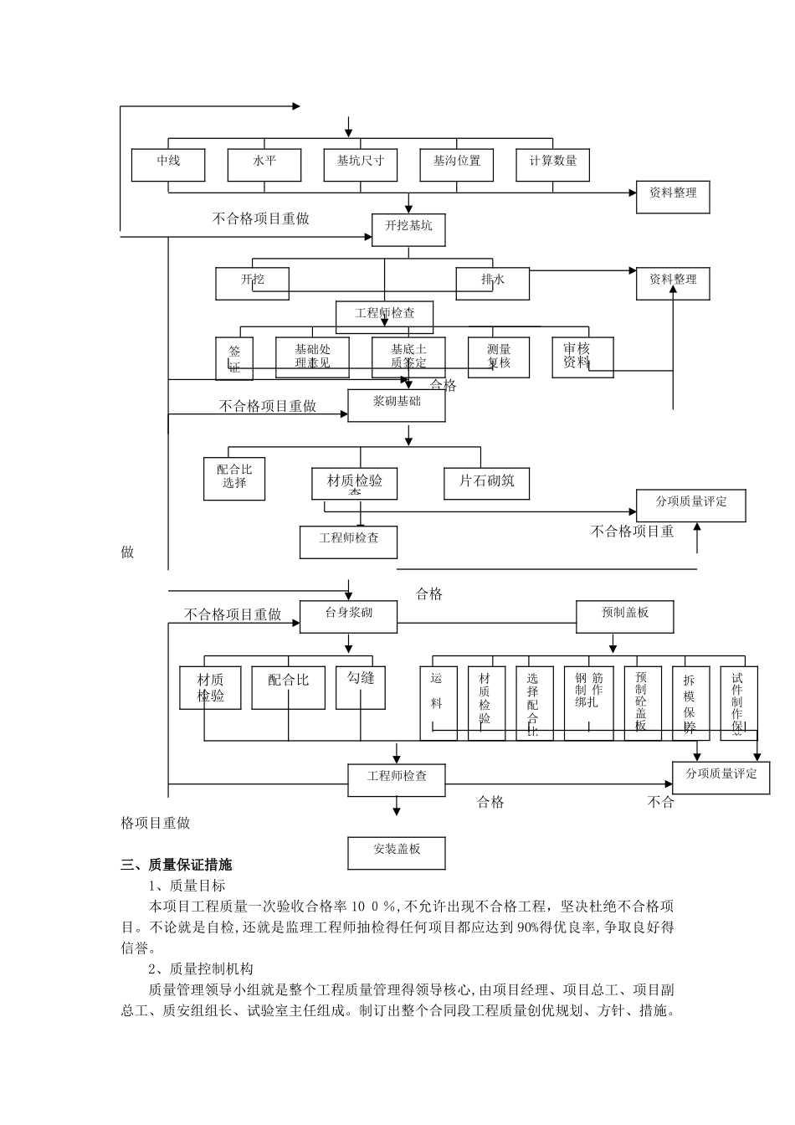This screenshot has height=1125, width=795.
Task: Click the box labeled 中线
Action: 167,165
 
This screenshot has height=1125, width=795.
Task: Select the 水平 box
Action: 264,165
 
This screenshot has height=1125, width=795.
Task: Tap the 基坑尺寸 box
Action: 360,165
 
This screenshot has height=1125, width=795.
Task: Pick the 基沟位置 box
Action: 456,165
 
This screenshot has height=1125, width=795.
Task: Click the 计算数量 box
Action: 552,165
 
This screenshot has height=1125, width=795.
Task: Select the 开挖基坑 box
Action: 408,229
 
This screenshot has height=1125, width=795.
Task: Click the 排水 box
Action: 492,283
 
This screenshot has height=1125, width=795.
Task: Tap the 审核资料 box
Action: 582,357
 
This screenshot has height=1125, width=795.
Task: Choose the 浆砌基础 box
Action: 396,405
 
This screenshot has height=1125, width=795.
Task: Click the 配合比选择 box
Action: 234,478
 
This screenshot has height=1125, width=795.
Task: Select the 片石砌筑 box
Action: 486,482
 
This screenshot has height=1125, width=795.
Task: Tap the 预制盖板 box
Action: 624,617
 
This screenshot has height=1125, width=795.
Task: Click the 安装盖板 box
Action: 396,853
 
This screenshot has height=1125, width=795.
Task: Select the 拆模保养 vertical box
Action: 690,703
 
